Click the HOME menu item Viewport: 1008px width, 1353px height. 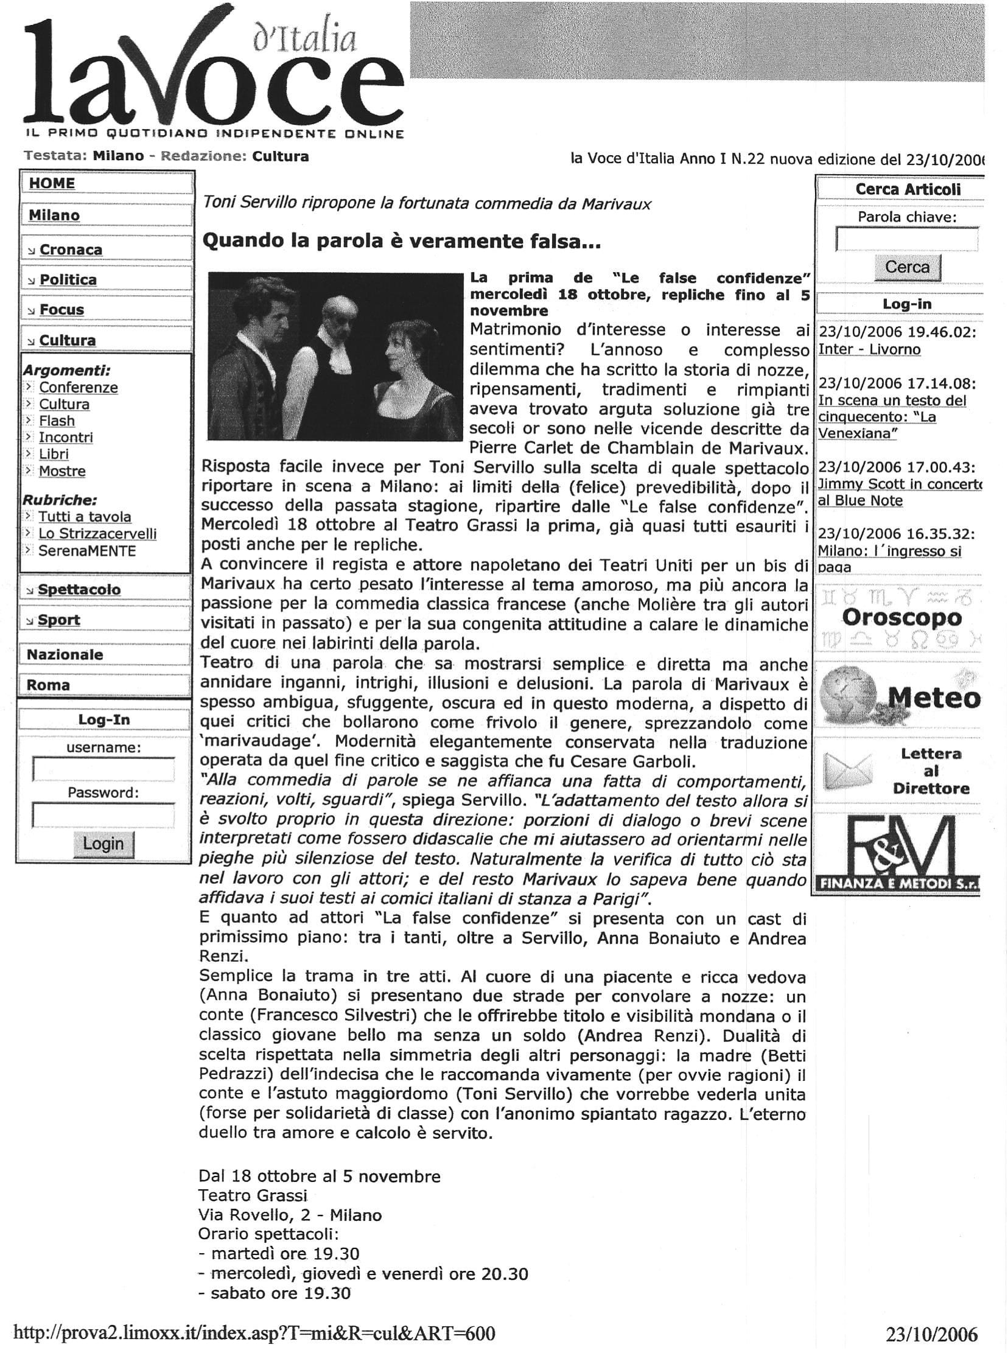point(52,184)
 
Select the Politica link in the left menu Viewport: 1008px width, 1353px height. point(68,280)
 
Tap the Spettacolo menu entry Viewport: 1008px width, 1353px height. point(79,590)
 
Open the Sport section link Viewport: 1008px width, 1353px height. point(58,620)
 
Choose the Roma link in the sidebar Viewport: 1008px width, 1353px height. point(48,685)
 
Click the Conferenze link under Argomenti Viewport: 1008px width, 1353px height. point(78,387)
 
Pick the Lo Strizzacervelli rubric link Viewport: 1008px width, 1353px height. point(97,534)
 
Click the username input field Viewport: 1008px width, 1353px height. point(103,770)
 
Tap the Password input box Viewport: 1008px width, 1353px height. point(103,816)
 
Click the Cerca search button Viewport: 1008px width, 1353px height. point(908,267)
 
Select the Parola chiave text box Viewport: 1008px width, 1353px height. point(907,239)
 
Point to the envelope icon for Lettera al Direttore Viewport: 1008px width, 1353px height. point(849,771)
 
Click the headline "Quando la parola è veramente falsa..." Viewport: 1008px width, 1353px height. point(402,242)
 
